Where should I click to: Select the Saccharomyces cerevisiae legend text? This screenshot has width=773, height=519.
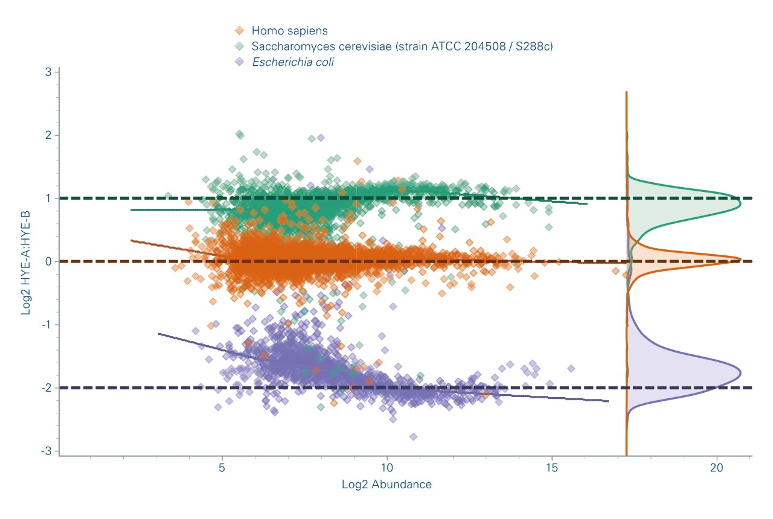tap(402, 46)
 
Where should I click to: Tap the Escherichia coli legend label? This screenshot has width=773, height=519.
tap(293, 62)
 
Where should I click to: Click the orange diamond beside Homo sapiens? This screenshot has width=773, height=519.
tap(240, 30)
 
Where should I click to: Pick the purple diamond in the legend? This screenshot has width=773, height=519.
tap(240, 62)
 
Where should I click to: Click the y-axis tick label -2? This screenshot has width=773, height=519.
tap(47, 388)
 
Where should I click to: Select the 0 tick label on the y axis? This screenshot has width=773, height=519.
tap(50, 261)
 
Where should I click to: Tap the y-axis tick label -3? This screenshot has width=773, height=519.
tap(47, 451)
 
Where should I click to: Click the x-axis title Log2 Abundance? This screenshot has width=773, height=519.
tap(386, 485)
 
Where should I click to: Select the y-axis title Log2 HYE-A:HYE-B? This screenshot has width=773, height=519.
tap(27, 261)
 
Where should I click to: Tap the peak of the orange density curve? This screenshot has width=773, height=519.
tap(741, 259)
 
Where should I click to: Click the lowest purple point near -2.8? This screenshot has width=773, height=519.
tap(413, 436)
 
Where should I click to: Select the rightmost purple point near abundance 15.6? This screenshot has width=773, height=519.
tap(571, 368)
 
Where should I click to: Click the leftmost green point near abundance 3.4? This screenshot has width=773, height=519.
tap(168, 196)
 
